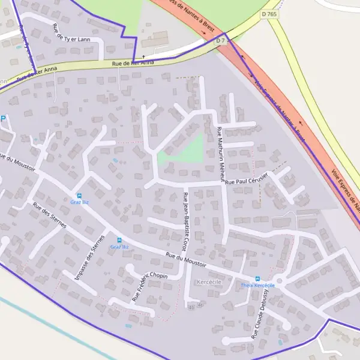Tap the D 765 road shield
pyautogui.click(x=269, y=13)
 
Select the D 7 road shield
pyautogui.click(x=220, y=41)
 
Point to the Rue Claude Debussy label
pyautogui.click(x=259, y=318)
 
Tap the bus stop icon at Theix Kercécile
pyautogui.click(x=258, y=278)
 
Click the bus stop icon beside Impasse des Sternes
pyautogui.click(x=119, y=240)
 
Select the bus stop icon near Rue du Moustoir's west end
pyautogui.click(x=79, y=196)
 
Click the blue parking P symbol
pyautogui.click(x=3, y=118)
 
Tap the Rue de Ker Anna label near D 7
pyautogui.click(x=133, y=62)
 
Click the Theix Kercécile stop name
pyautogui.click(x=258, y=286)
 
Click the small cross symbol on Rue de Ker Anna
pyautogui.click(x=143, y=57)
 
